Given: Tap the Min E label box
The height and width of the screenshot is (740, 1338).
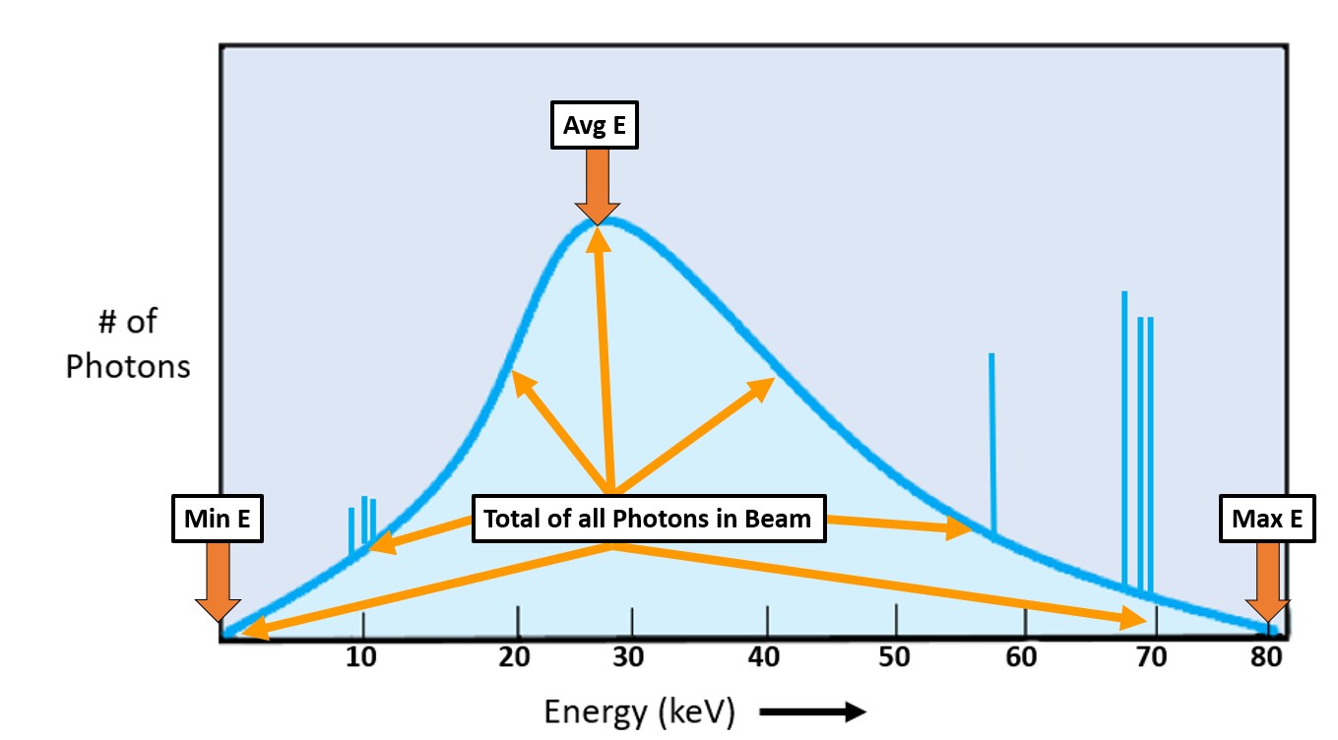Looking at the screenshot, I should [218, 519].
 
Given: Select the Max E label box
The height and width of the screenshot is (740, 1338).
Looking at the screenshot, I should [1268, 519].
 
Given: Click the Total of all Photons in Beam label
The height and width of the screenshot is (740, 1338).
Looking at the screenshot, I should [647, 519].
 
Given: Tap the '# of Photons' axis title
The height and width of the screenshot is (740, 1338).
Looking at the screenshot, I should [127, 344].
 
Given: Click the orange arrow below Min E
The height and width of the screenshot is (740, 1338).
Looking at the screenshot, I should [218, 582].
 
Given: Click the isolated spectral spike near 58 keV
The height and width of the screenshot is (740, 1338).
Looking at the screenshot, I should [992, 443].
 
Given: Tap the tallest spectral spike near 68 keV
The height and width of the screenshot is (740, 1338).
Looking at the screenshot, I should [1124, 433].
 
